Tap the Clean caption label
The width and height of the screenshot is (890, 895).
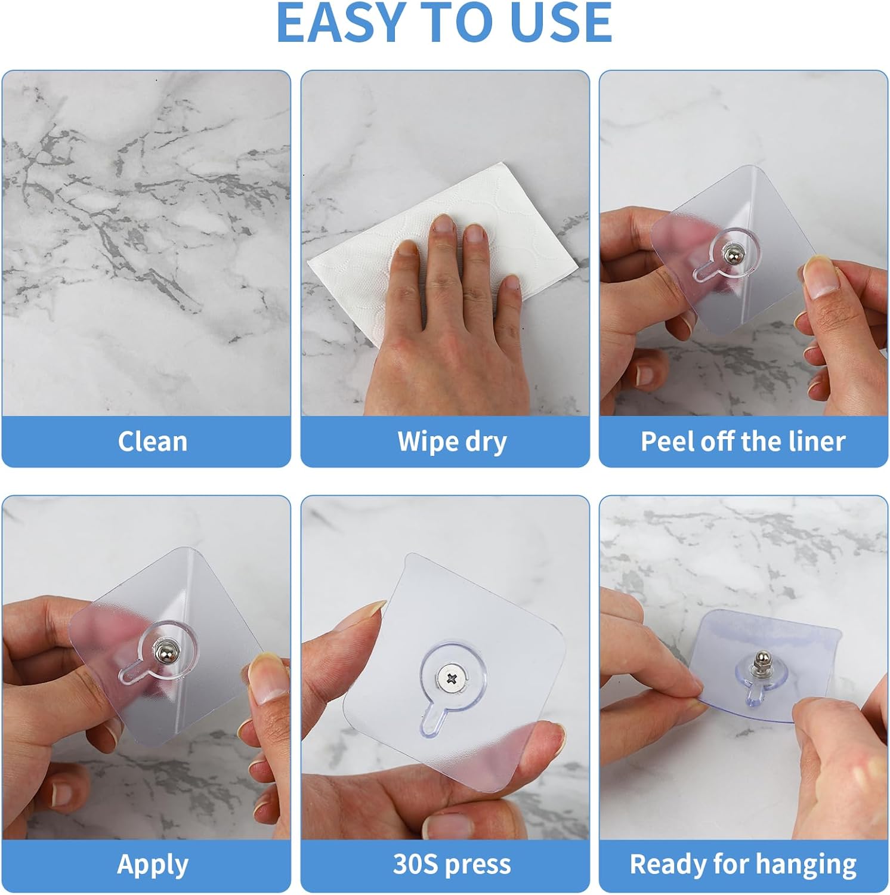(x=153, y=442)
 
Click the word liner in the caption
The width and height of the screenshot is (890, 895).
(x=817, y=442)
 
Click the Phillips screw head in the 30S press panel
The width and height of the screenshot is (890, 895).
(x=451, y=678)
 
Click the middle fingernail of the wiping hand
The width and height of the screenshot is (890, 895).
(x=443, y=225)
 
